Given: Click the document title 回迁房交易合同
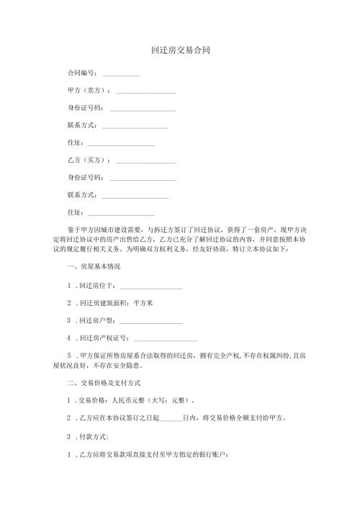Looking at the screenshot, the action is pos(180,51).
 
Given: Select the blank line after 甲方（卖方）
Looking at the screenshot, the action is pos(146,92).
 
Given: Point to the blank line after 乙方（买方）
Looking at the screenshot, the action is pos(146,161).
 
